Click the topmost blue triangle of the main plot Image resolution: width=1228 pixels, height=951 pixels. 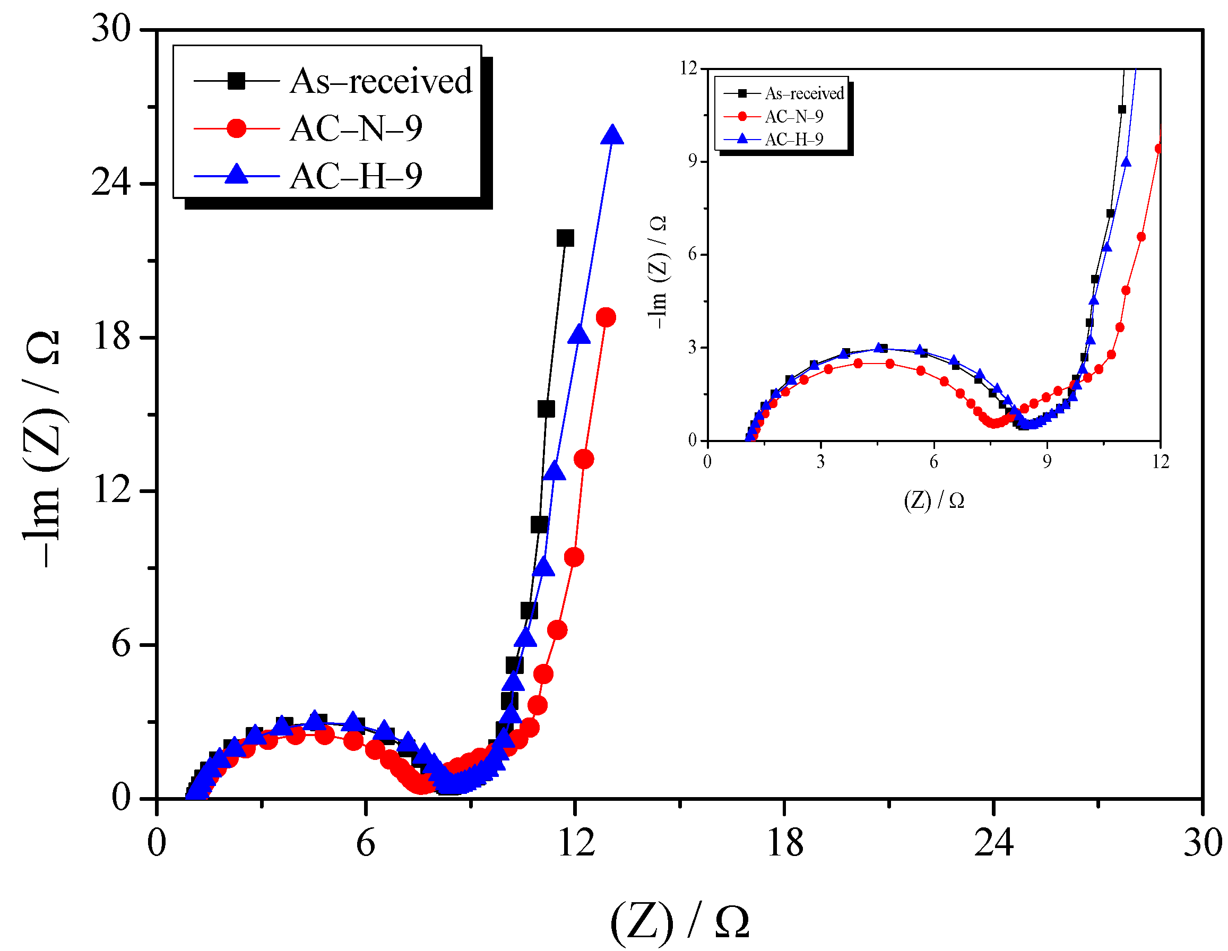click(x=612, y=135)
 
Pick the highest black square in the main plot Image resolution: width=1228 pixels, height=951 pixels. click(x=565, y=238)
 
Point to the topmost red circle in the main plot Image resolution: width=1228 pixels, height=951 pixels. click(x=606, y=317)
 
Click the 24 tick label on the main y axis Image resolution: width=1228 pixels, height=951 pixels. click(x=111, y=183)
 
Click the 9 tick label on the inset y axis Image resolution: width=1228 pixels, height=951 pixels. click(x=692, y=161)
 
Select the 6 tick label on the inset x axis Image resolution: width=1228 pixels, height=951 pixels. click(x=933, y=462)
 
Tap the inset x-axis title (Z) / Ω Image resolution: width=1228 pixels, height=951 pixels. click(x=933, y=500)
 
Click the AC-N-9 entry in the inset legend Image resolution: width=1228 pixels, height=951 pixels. click(x=793, y=116)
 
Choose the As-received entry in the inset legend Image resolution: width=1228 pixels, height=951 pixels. click(x=804, y=93)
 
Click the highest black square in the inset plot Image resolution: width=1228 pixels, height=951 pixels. click(x=1122, y=109)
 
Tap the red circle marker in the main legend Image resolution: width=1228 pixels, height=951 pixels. click(x=236, y=128)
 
